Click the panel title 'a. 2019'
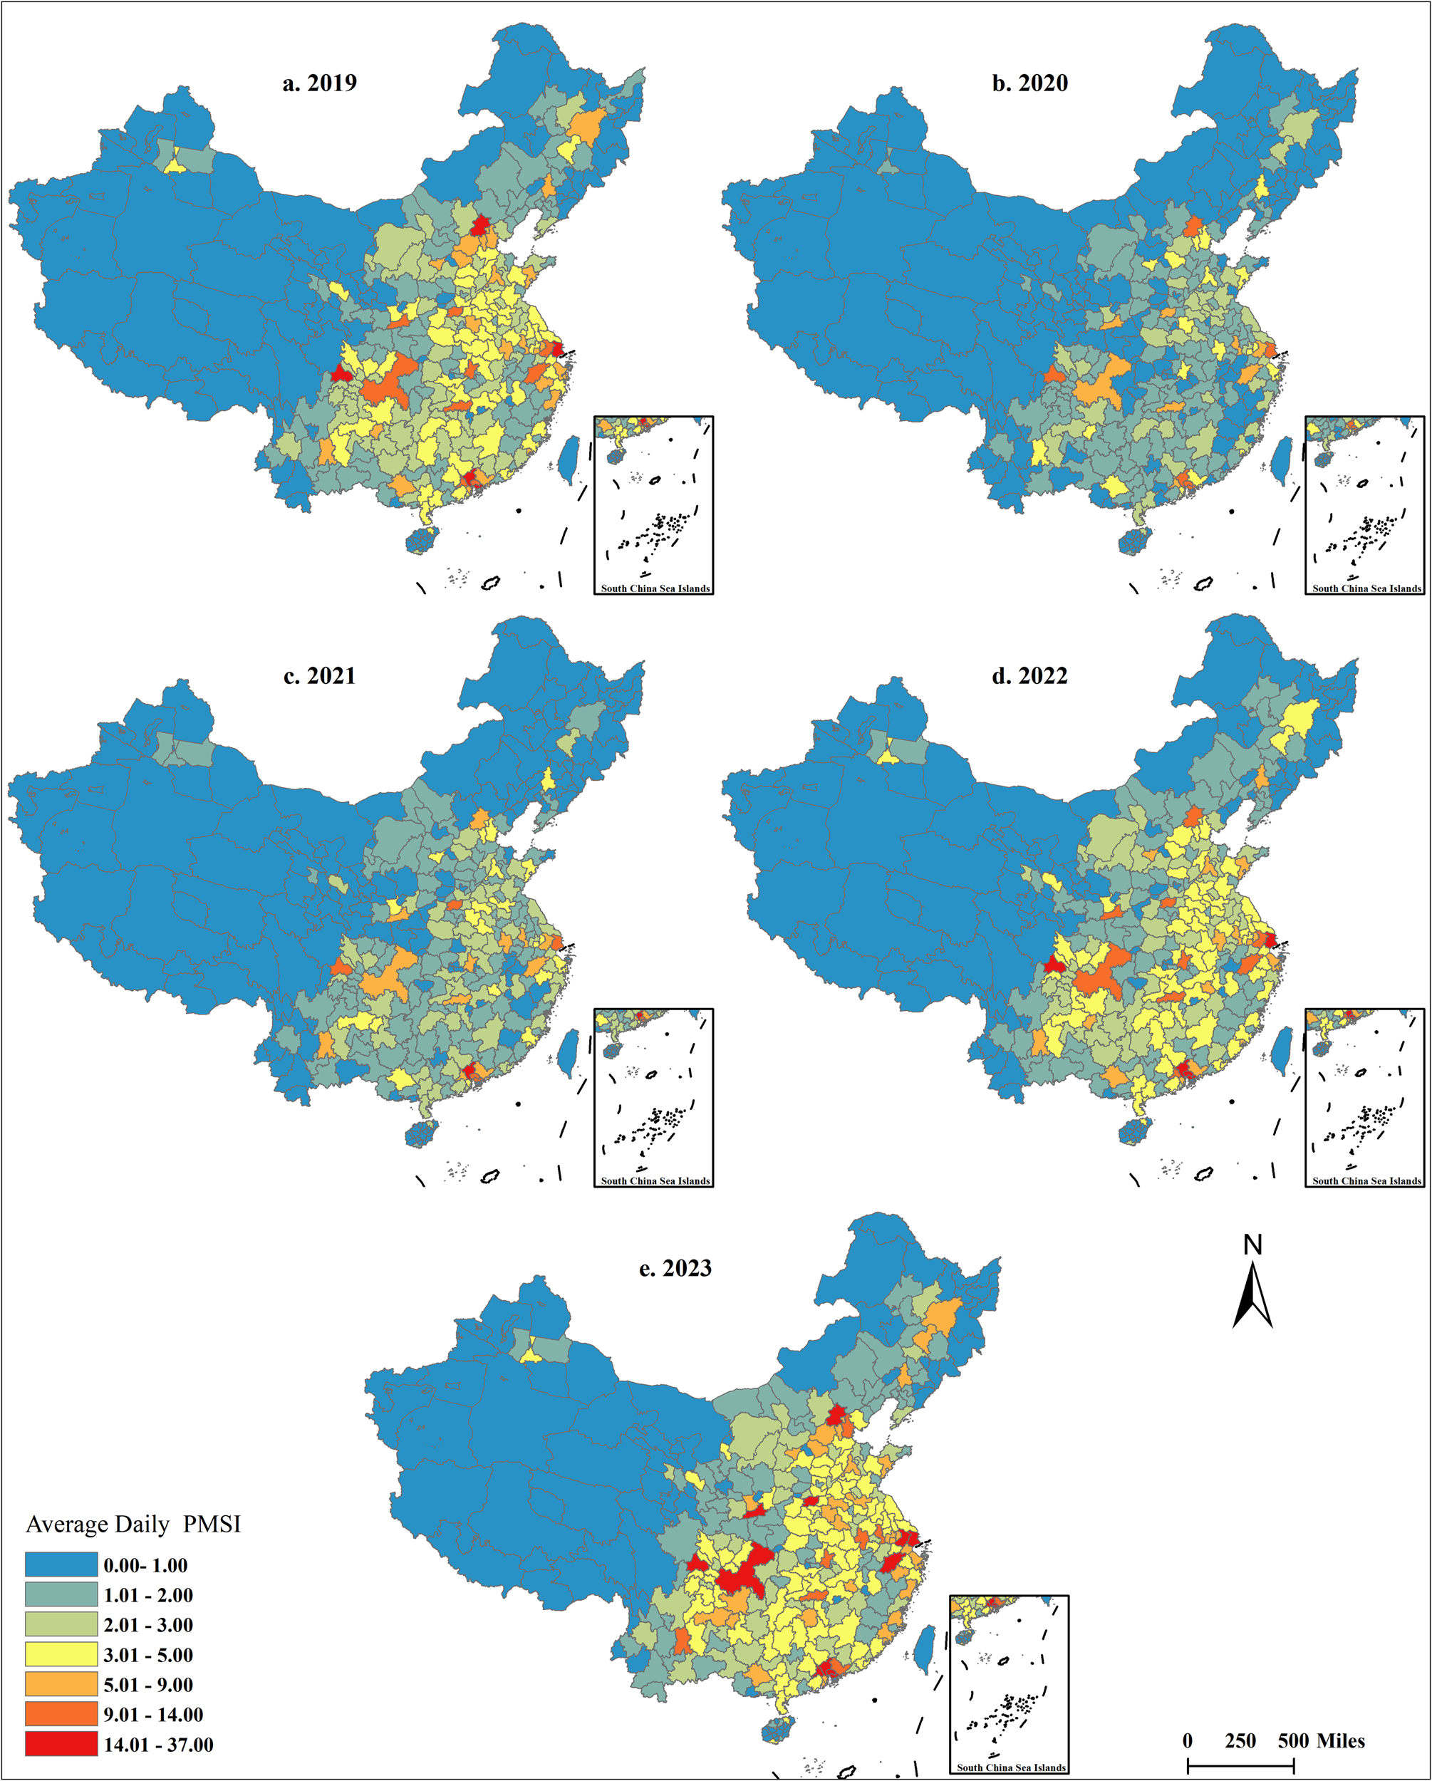(319, 83)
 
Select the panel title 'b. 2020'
(1029, 83)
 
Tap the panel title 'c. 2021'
(319, 676)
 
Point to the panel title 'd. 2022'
(1029, 676)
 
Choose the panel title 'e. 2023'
(675, 1268)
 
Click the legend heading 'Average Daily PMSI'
(133, 1524)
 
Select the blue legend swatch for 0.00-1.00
(61, 1564)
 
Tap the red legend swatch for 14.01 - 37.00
(61, 1744)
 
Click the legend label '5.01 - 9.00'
(148, 1684)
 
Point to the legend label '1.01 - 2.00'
(148, 1595)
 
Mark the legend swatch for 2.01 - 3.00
(61, 1624)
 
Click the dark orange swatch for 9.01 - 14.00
(61, 1714)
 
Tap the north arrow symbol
(1252, 1301)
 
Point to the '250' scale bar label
(1240, 1740)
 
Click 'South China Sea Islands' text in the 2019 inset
(655, 589)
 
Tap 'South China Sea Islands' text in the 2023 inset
(1010, 1767)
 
